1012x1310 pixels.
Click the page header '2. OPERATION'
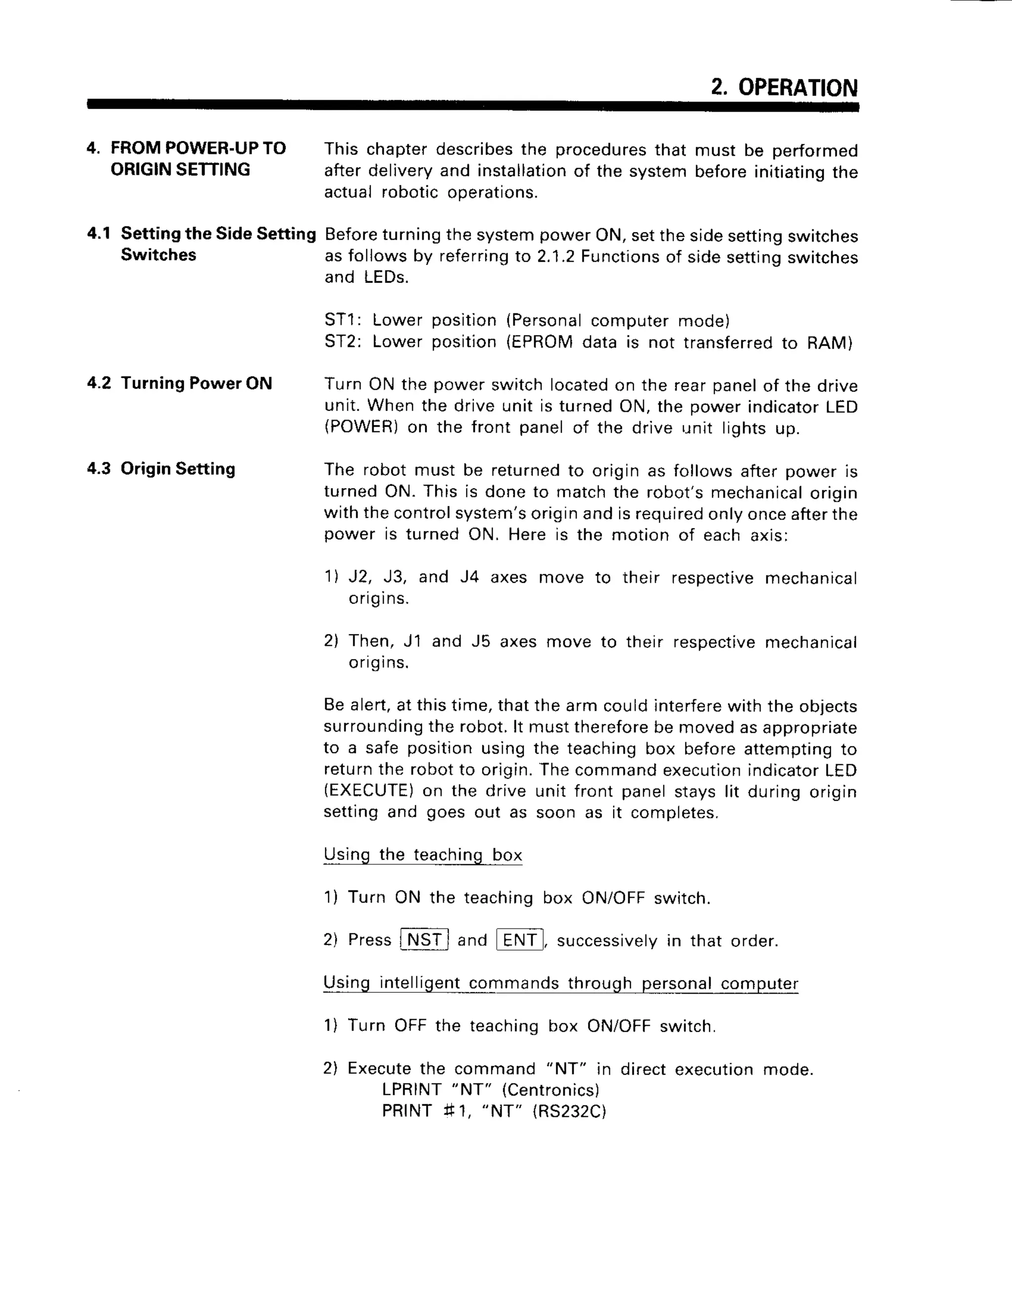(x=784, y=87)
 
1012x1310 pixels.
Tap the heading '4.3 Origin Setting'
(x=161, y=469)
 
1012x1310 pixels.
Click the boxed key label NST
(x=424, y=939)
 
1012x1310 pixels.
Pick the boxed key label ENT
(x=519, y=939)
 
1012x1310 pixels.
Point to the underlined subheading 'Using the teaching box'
(x=422, y=854)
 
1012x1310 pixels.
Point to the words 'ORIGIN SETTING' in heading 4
(x=180, y=170)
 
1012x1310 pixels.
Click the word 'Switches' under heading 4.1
(x=158, y=255)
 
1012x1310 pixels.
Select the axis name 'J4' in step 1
(x=469, y=577)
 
